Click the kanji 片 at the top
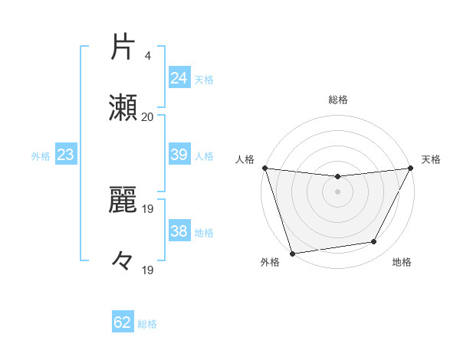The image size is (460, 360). click(x=123, y=47)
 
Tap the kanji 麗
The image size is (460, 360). click(x=123, y=200)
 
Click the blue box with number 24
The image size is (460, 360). click(x=179, y=78)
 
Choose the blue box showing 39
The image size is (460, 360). click(x=179, y=155)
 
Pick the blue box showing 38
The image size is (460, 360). click(x=179, y=231)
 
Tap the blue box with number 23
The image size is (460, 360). click(x=65, y=155)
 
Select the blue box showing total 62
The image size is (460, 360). click(x=123, y=322)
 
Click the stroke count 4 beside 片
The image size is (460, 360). click(x=147, y=55)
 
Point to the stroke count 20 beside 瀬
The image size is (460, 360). click(x=147, y=117)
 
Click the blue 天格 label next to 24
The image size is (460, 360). click(x=203, y=79)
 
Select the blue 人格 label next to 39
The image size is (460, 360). click(x=203, y=155)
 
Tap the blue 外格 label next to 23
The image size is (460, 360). click(x=41, y=155)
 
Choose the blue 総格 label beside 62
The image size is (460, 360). click(x=147, y=323)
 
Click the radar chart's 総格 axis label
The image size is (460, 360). click(x=337, y=100)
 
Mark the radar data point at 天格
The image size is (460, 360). click(x=411, y=168)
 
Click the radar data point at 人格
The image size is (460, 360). click(x=264, y=168)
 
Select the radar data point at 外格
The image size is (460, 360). click(x=292, y=253)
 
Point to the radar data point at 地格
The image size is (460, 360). click(x=374, y=242)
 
